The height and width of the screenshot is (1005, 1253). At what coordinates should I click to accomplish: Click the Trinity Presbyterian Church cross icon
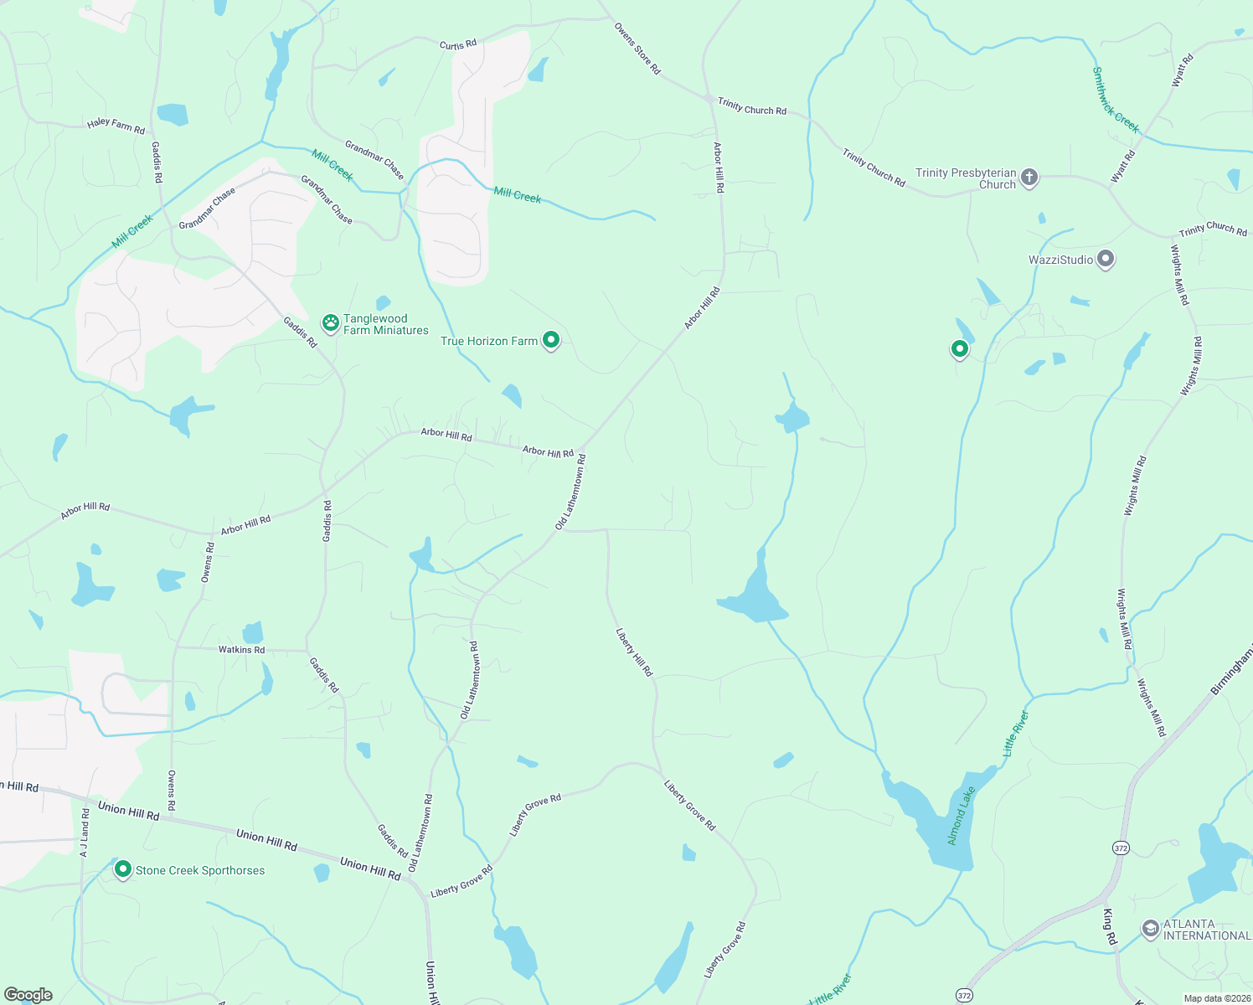[x=1029, y=178]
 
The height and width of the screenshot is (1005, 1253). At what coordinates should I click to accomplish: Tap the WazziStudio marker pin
[x=1106, y=260]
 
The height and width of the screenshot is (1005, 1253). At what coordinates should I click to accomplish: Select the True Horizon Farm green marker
[x=551, y=340]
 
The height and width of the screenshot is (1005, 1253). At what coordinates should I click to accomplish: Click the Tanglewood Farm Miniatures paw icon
[x=331, y=322]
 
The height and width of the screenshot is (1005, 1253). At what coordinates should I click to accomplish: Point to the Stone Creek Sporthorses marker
[x=123, y=869]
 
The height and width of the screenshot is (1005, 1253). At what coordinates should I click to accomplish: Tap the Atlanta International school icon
[x=1151, y=929]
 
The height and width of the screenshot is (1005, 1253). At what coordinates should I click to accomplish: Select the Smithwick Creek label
[x=1116, y=100]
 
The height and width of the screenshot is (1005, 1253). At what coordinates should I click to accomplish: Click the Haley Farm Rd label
[x=116, y=126]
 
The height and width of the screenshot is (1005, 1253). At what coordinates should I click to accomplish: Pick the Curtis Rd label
[x=458, y=44]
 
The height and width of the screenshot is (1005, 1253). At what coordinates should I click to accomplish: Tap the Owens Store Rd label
[x=637, y=49]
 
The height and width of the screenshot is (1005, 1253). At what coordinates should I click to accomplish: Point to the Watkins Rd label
[x=241, y=650]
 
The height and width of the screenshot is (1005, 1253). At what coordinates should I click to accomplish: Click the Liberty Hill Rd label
[x=634, y=652]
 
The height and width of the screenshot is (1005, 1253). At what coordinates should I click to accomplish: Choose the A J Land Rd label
[x=85, y=832]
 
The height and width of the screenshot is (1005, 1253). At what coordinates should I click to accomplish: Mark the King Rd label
[x=1110, y=927]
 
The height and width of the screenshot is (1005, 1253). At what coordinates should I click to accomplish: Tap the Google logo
[x=28, y=995]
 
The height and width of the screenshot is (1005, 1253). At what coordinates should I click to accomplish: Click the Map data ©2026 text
[x=1216, y=998]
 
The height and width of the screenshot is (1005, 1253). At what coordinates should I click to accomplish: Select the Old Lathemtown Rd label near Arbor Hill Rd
[x=570, y=492]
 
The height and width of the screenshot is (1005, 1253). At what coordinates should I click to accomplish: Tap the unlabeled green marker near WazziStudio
[x=960, y=348]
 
